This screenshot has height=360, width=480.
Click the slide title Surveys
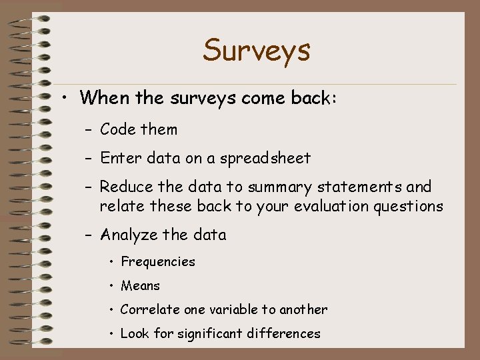pos(257,50)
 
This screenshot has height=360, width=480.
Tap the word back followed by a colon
pos(315,98)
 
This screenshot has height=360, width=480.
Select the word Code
pos(117,129)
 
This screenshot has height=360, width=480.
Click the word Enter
pos(119,158)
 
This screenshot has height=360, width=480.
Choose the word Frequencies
pos(158,262)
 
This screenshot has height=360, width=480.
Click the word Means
pos(140,286)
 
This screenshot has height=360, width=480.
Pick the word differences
pos(287,334)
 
